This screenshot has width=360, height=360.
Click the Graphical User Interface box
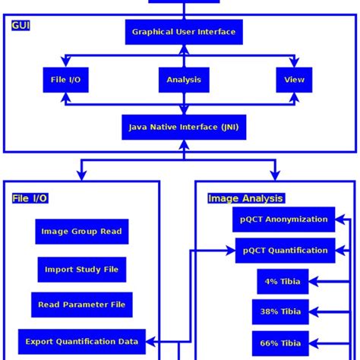click(x=184, y=32)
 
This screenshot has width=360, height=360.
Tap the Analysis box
click(x=184, y=80)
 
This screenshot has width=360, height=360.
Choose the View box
click(x=294, y=80)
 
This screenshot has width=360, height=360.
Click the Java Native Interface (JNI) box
click(x=184, y=127)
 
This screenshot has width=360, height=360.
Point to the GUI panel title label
click(x=21, y=26)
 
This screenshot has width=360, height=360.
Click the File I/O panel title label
click(x=30, y=198)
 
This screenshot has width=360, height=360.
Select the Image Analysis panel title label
click(x=245, y=198)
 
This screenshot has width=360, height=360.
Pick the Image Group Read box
click(x=81, y=232)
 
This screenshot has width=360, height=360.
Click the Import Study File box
click(x=81, y=269)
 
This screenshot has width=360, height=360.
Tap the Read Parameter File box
click(x=81, y=305)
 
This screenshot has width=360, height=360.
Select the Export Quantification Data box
click(x=81, y=341)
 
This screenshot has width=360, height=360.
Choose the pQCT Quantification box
click(x=285, y=251)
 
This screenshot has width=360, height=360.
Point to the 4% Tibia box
click(x=283, y=282)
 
